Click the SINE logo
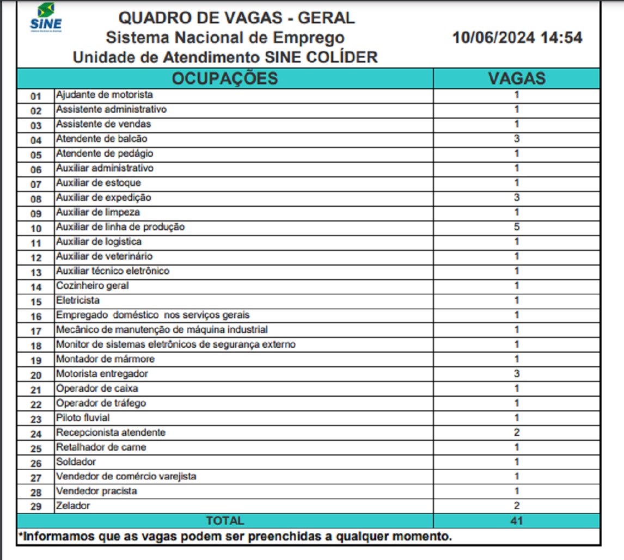[x=46, y=18]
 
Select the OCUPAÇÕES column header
[x=224, y=78]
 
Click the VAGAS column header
[x=516, y=78]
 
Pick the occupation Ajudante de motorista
[x=104, y=95]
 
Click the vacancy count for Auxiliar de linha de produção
[x=516, y=227]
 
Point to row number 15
[x=36, y=301]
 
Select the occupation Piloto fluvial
[x=83, y=418]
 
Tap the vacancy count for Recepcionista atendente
[x=516, y=433]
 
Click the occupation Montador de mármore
[x=105, y=359]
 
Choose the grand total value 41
[x=516, y=521]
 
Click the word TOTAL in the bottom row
[x=225, y=521]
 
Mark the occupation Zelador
[x=73, y=506]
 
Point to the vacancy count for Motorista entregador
[x=516, y=374]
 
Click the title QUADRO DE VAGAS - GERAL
[x=236, y=18]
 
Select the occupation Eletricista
[x=78, y=300]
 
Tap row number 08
[x=36, y=199]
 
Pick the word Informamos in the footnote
[x=57, y=537]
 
